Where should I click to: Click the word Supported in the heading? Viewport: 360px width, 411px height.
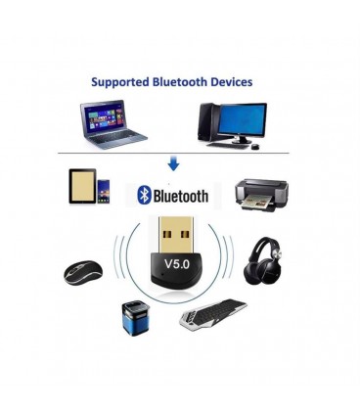(120, 82)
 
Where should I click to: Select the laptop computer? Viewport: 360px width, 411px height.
(113, 124)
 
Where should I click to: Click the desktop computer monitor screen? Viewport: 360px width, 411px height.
(243, 118)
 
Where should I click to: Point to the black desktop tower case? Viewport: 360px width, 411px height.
(208, 121)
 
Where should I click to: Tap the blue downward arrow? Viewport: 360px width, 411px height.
(173, 163)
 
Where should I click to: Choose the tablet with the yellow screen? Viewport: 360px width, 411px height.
(82, 186)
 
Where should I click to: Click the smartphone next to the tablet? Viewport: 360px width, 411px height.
(104, 192)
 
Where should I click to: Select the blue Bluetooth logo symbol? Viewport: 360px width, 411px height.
(144, 195)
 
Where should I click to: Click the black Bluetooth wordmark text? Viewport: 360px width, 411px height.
(181, 196)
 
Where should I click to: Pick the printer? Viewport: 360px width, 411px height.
(261, 196)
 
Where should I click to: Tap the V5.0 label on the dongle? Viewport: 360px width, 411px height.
(177, 263)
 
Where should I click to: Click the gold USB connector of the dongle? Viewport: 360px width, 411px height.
(176, 235)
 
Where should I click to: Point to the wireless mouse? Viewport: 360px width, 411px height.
(83, 273)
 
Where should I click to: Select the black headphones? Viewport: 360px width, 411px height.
(263, 261)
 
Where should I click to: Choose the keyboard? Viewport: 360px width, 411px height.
(213, 314)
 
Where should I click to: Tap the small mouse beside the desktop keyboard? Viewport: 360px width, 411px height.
(255, 147)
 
